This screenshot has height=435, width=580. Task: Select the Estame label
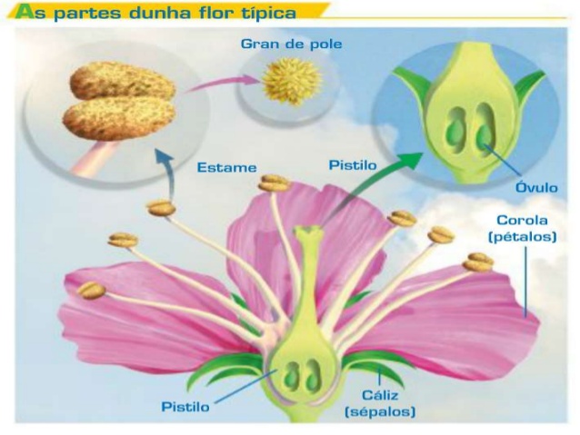[226, 168]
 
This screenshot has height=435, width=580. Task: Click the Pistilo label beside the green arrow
[350, 166]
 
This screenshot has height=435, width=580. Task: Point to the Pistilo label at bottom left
[185, 407]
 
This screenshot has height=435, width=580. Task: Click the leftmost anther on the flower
[90, 291]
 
